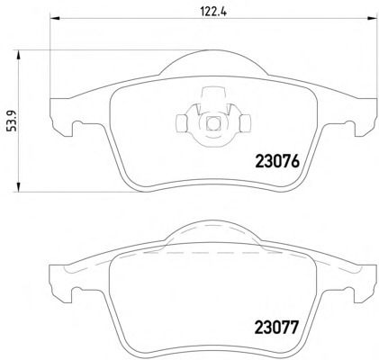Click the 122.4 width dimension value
(213, 12)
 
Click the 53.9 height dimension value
(13, 121)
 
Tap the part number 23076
(277, 161)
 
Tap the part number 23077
(277, 328)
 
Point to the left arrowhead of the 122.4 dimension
(55, 19)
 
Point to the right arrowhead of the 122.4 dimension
(372, 19)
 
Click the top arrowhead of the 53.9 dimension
(18, 56)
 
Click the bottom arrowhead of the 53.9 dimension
(18, 186)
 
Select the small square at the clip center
(213, 123)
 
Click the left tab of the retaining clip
(181, 123)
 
